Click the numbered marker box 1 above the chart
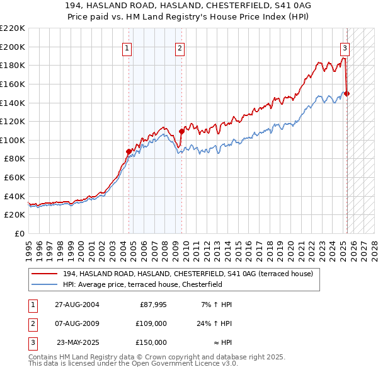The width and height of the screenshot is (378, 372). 127,48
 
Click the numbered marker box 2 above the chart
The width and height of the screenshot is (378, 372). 180,48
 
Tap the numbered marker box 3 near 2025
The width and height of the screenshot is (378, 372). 345,48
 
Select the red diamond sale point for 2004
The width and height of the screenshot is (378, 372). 129,151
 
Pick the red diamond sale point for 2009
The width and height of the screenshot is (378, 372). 181,131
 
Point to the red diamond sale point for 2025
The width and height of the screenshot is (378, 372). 347,93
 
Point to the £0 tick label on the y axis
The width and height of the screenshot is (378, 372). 20,233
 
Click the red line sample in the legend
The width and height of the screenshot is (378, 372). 44,274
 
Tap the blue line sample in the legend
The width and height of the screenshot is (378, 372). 44,284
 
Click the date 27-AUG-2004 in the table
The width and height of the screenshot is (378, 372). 77,305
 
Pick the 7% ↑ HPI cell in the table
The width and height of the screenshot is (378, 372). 216,305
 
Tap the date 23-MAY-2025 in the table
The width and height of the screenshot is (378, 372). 77,342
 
